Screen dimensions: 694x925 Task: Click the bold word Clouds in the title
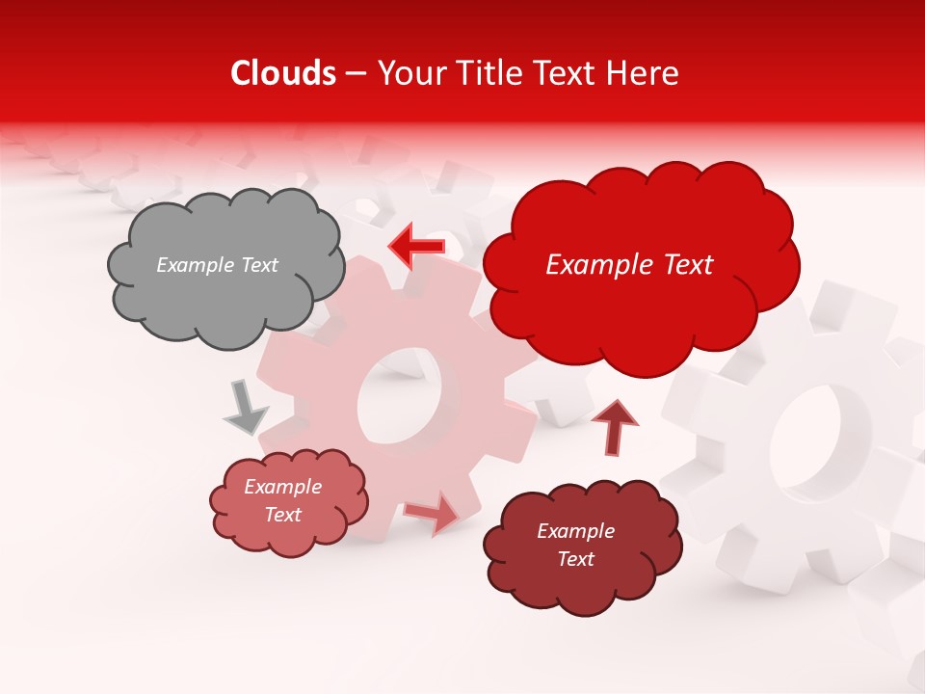283,73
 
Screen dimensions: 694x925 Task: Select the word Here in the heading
645,73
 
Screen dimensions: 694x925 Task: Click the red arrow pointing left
416,246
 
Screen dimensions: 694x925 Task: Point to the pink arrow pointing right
433,512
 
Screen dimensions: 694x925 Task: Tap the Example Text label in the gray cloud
217,265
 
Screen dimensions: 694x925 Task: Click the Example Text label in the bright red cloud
629,265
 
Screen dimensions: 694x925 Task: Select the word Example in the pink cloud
282,487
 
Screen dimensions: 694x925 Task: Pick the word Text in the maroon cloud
576,559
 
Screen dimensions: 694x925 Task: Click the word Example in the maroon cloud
575,531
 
